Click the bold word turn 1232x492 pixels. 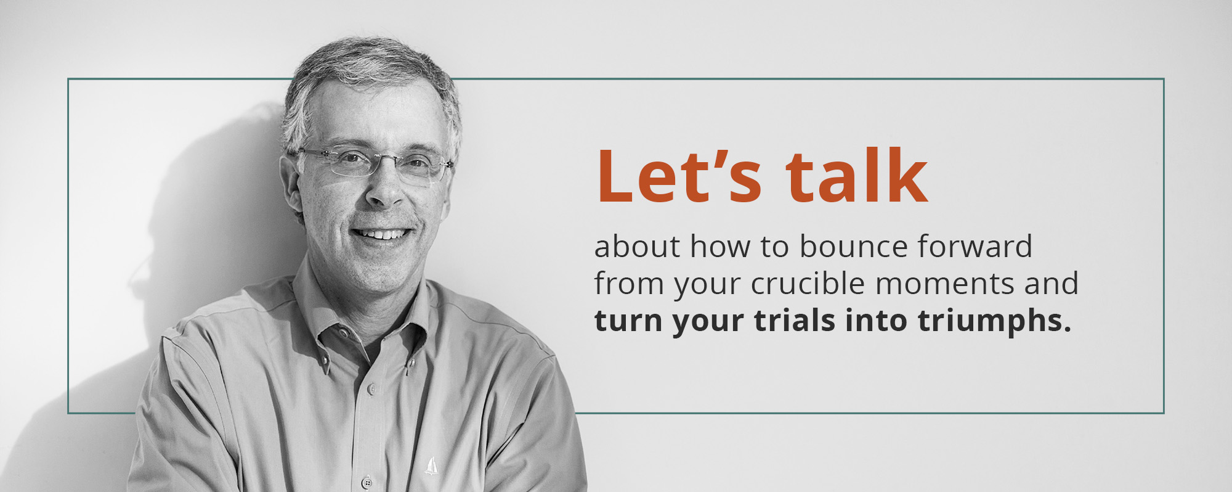pyautogui.click(x=628, y=321)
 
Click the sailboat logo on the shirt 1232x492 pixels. pyautogui.click(x=431, y=466)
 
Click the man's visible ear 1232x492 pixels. pyautogui.click(x=291, y=185)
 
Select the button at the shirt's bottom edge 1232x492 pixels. pyautogui.click(x=368, y=482)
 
